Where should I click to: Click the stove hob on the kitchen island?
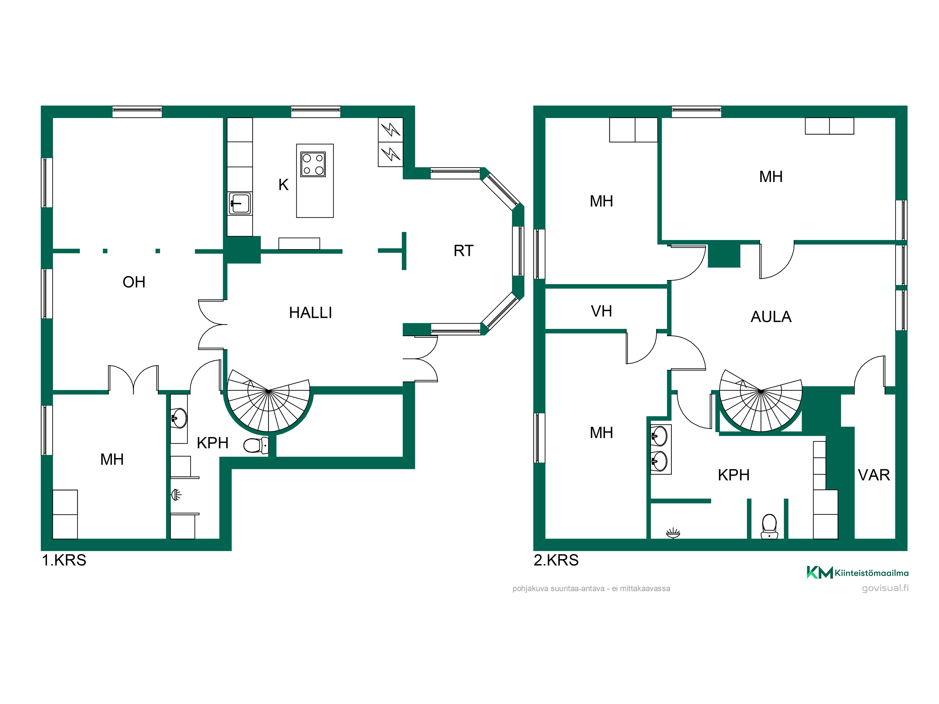313,164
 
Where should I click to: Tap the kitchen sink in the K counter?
240,204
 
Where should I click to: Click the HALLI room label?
310,313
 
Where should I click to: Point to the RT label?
463,251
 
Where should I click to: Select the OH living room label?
134,282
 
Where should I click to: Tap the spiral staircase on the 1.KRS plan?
269,401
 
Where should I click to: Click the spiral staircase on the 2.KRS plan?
761,401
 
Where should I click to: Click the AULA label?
771,317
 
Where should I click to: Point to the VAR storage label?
874,475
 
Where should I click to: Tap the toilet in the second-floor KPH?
769,527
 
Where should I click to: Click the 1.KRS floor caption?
64,560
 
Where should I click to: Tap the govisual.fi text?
885,588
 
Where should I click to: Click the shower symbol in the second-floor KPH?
673,533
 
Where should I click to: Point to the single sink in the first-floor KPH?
179,418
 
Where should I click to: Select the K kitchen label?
283,185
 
